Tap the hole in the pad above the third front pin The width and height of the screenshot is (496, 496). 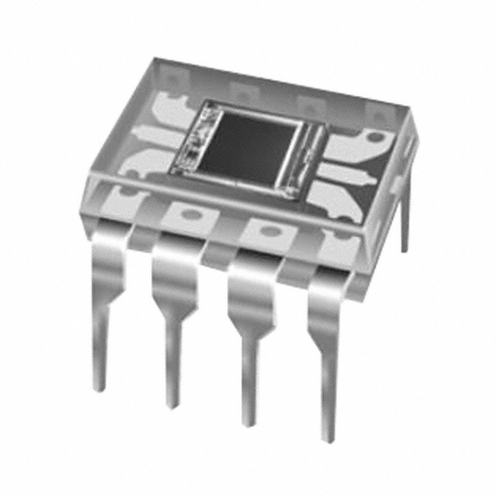pyautogui.click(x=263, y=230)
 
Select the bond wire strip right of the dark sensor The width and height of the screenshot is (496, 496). pyautogui.click(x=311, y=156)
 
